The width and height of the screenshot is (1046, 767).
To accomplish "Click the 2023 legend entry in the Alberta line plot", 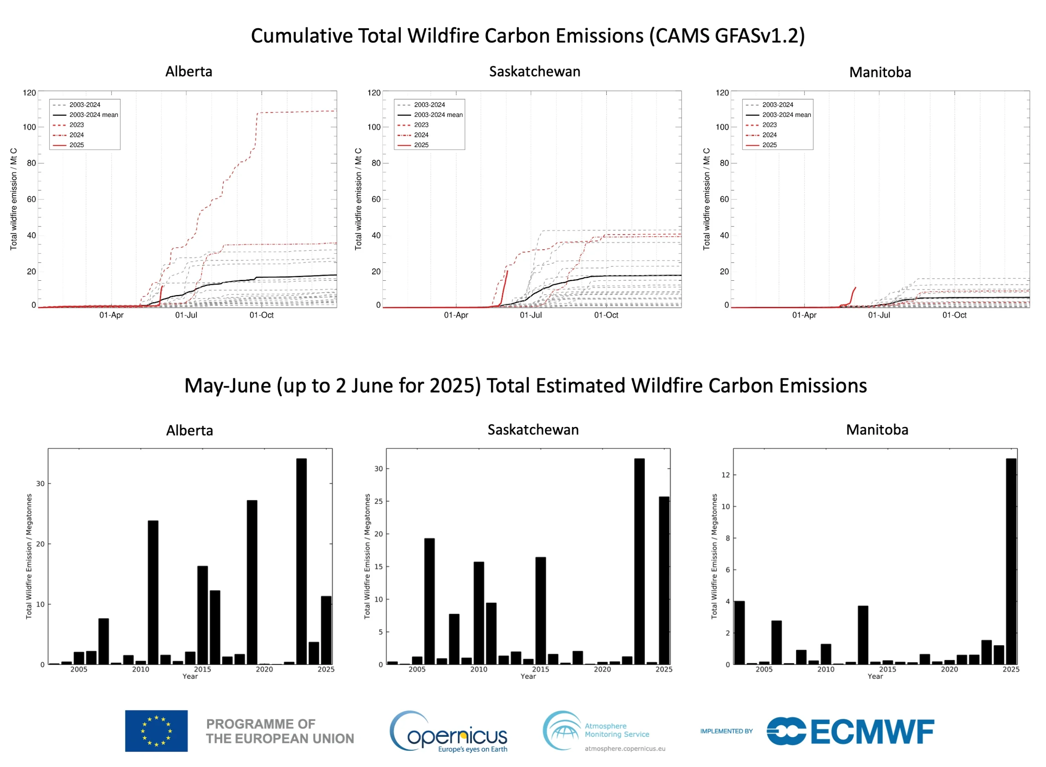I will coord(76,125).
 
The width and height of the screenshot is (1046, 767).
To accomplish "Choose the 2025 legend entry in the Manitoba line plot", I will coord(769,145).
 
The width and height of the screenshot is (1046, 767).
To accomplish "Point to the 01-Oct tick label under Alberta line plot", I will coord(261,315).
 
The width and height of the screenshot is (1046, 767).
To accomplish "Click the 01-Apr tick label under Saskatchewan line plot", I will coord(456,315).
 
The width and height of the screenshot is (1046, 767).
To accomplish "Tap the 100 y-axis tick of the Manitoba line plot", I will coord(722,127).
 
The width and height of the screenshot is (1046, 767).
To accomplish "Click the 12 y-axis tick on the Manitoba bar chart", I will coord(725,475).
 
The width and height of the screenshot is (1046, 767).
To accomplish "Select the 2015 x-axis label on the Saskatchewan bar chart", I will coord(541,669).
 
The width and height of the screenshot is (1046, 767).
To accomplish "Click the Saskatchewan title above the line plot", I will coord(534,72).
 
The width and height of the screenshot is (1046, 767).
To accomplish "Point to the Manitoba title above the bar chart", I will coord(876,429).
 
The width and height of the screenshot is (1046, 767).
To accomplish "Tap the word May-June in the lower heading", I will coord(228,386).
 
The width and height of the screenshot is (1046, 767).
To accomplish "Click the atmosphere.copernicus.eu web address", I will coord(624,749).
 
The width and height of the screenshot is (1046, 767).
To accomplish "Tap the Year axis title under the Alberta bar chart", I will coord(190,676).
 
